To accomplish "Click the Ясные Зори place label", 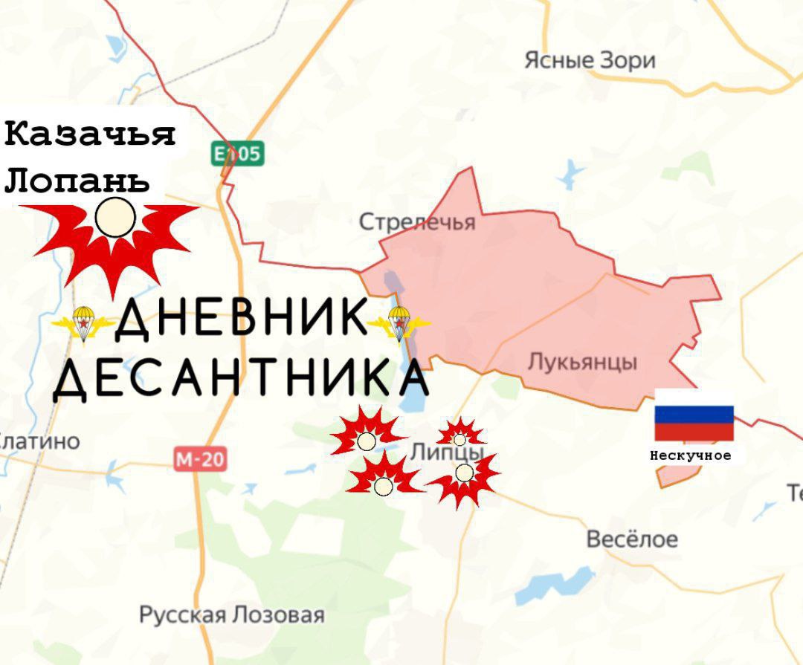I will (x=590, y=60).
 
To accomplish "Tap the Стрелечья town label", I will (x=416, y=221).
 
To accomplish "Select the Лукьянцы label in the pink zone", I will (x=582, y=362).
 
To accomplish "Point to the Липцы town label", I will (x=447, y=452).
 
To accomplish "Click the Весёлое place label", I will (x=632, y=539).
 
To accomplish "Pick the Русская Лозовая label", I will (x=232, y=615).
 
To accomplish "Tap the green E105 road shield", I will (x=236, y=154).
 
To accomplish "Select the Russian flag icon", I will (x=693, y=423).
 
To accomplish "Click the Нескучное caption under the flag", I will (x=690, y=455).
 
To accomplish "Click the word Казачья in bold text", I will (x=90, y=134).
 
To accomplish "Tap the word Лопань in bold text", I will (x=77, y=181).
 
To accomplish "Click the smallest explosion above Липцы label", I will (x=460, y=435).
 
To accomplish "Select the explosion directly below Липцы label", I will (x=464, y=476).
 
